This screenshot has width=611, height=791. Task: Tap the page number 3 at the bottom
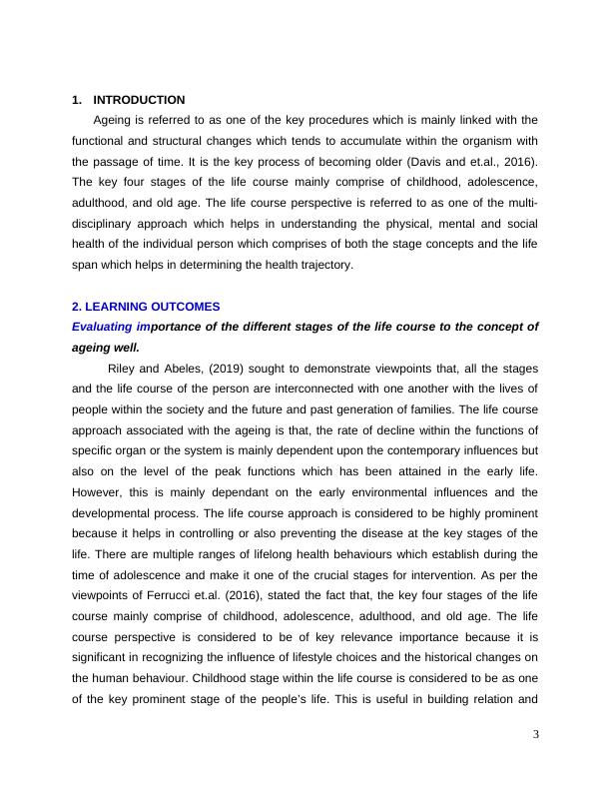(535, 736)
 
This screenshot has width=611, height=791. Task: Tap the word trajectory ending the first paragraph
(310, 265)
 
